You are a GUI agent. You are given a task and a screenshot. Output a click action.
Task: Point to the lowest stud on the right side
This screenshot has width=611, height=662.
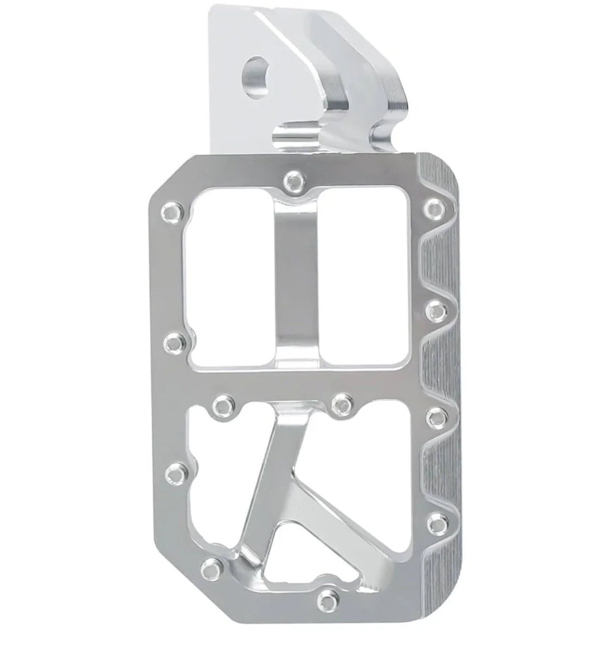pyautogui.click(x=437, y=521)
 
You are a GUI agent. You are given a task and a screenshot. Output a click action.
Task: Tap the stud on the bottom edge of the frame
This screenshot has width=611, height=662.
pyautogui.click(x=326, y=598)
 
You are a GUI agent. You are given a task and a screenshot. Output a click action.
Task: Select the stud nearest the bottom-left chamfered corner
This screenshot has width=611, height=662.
pyautogui.click(x=210, y=566)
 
